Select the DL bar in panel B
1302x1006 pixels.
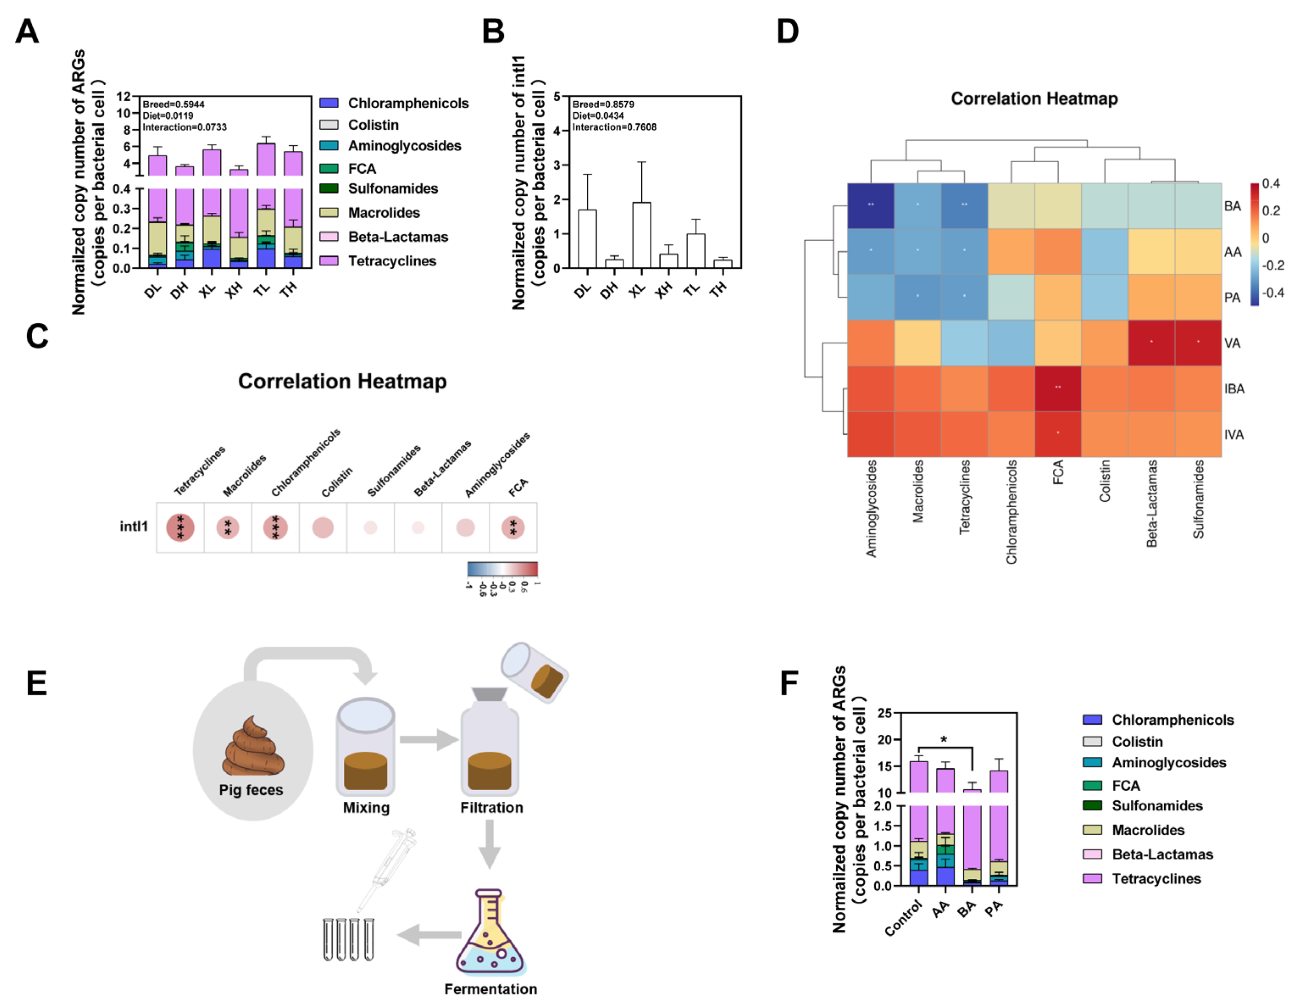(x=587, y=239)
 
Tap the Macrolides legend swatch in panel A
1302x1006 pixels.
(x=329, y=213)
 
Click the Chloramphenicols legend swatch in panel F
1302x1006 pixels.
(x=1092, y=720)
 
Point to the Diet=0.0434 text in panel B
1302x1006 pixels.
(x=598, y=116)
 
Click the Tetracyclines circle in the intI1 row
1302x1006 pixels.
(x=180, y=528)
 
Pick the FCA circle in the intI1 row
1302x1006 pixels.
(x=513, y=528)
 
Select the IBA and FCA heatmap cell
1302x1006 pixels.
(x=1058, y=389)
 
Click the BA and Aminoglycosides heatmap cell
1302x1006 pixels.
(x=871, y=206)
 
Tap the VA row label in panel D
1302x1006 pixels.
(x=1232, y=343)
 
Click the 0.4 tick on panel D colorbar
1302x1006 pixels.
(x=1271, y=183)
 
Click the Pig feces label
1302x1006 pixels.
(x=251, y=789)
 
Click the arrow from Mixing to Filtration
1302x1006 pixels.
(x=428, y=739)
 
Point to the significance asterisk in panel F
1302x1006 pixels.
(x=944, y=739)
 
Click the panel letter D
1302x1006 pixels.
(x=787, y=31)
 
